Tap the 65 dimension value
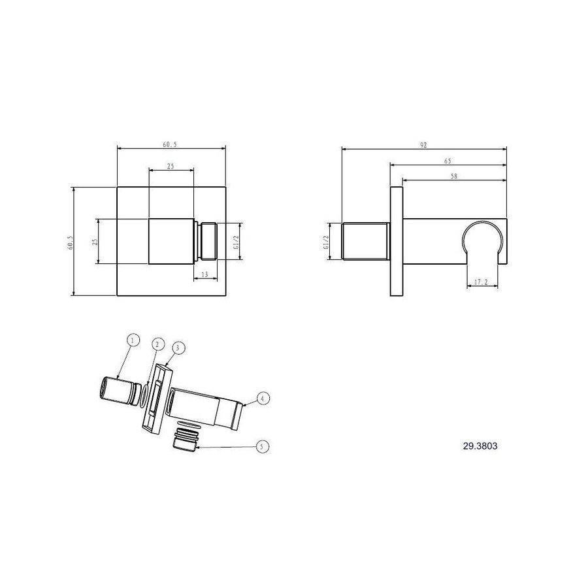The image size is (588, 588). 448,160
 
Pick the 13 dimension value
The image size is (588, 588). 204,274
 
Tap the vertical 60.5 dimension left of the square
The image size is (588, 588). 70,242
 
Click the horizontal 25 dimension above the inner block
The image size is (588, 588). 171,167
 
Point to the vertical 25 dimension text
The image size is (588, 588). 93,242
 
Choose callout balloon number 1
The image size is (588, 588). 133,340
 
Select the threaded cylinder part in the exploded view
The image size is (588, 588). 114,388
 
